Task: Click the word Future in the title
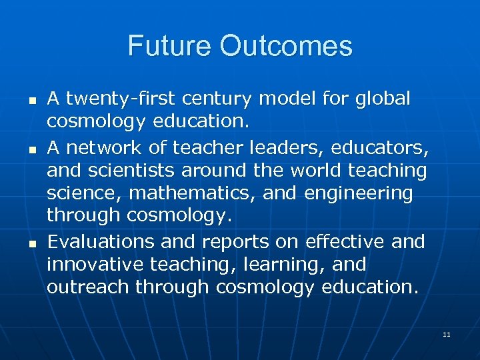171,46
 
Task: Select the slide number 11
446,334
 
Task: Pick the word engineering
357,194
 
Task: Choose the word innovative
95,265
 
